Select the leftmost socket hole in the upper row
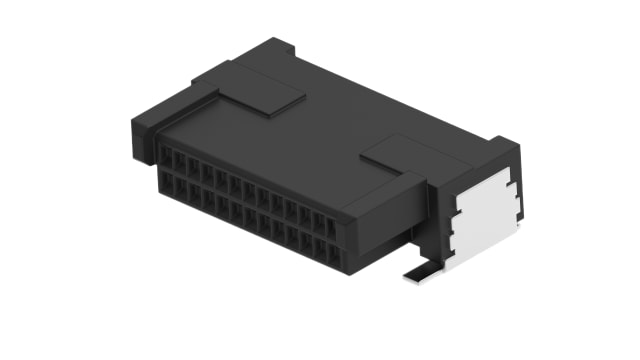tap(170, 157)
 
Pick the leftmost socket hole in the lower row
tap(169, 184)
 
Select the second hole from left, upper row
tap(183, 162)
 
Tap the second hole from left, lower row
tap(183, 189)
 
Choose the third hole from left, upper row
tap(197, 167)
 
